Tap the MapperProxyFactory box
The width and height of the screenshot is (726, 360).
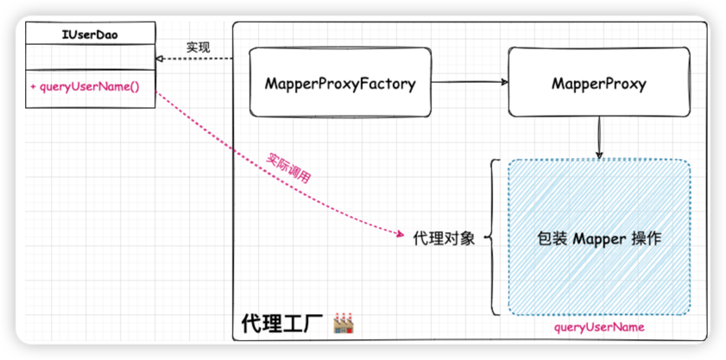(x=340, y=84)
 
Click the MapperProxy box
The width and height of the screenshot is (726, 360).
(x=598, y=84)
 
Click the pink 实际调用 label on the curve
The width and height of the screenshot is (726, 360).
(x=288, y=167)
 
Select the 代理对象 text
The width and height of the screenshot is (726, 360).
(x=444, y=238)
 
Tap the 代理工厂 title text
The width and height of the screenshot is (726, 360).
(x=281, y=325)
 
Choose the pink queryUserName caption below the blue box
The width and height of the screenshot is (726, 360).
(x=599, y=328)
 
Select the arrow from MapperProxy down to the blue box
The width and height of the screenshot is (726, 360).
(x=599, y=138)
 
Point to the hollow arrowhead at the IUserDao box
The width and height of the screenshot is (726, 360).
(x=160, y=59)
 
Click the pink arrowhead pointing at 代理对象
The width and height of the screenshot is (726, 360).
(x=401, y=235)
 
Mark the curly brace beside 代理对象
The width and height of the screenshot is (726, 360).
(x=493, y=237)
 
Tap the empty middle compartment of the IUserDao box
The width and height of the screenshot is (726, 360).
(x=90, y=59)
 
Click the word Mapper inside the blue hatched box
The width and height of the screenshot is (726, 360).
(x=599, y=238)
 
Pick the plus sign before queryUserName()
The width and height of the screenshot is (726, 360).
(x=33, y=88)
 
